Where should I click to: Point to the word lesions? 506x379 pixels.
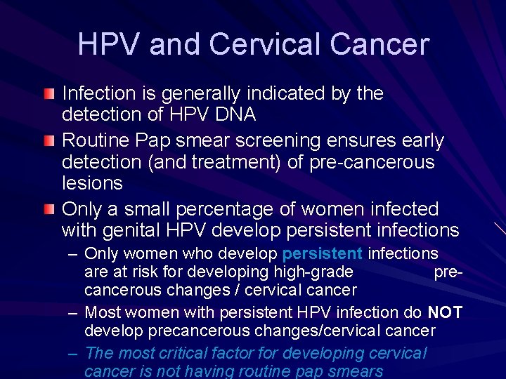point(92,183)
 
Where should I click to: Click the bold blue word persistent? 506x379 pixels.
point(323,254)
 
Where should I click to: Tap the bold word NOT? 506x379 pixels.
point(445,312)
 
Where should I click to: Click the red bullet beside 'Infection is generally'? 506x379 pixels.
point(48,94)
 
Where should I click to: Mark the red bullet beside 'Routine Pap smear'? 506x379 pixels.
point(48,142)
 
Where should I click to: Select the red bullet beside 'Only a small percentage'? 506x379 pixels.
point(48,210)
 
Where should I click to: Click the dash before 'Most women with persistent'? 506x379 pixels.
point(72,312)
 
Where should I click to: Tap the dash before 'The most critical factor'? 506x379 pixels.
point(72,354)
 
